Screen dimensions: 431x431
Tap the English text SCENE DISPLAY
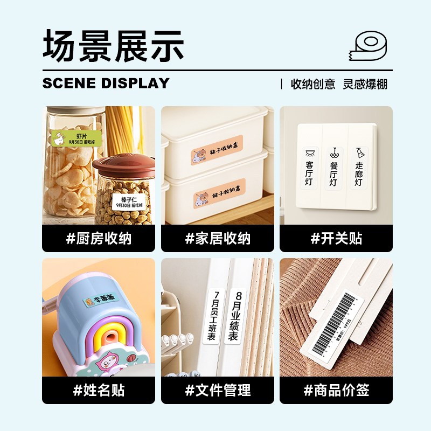click(x=106, y=84)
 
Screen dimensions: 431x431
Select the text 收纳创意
click(x=313, y=84)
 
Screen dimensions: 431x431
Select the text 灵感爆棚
click(x=365, y=84)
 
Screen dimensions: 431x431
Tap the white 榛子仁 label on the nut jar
click(x=129, y=202)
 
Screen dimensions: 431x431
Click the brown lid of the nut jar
click(x=123, y=164)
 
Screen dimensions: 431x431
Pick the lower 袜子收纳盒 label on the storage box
click(x=218, y=193)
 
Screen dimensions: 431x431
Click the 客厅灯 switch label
click(x=309, y=168)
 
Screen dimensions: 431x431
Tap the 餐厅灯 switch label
click(x=333, y=168)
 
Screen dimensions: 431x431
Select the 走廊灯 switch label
click(x=358, y=168)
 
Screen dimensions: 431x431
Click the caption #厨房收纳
click(x=99, y=238)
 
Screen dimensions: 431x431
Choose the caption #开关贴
click(x=336, y=238)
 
